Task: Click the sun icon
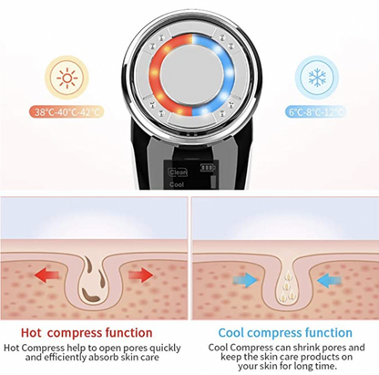coord(67,78)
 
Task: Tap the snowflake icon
coord(317,78)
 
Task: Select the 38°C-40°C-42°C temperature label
coord(67,112)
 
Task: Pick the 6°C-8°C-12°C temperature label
coord(316,112)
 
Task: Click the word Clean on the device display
coord(178,172)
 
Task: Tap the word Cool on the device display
coord(177,184)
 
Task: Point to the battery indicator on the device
coord(207,168)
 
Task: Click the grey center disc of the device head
coord(192,75)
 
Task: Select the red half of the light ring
coord(156,75)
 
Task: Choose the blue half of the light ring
coord(229,75)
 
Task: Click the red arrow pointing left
coord(46,275)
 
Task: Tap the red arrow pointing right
coord(140,275)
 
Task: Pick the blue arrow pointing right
coord(245,279)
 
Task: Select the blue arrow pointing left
coord(329,279)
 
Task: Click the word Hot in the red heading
coord(31,332)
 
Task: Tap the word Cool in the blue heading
coord(230,332)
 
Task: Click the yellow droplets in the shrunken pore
coord(287,285)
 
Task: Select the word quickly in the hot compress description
coord(161,348)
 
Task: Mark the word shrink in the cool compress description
coord(306,348)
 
